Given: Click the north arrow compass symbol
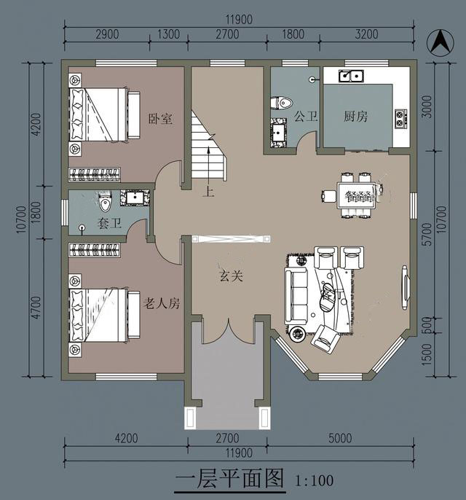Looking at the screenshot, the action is pos(441,42).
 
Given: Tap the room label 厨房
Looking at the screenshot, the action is pos(355,116).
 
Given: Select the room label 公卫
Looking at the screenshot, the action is pos(306,116).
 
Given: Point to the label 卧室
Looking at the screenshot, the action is pos(160,119).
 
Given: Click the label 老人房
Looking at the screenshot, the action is pos(162,303).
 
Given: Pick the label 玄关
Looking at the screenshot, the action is pos(232,276).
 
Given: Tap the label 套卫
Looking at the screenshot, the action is pos(109,223).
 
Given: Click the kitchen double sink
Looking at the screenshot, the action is pos(352,76).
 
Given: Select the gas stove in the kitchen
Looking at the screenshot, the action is pos(401,119).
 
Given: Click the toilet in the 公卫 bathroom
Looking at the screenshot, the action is pos(282,103).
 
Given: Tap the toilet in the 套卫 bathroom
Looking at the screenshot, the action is pos(106,201).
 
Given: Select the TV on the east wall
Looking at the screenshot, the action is pos(406,287).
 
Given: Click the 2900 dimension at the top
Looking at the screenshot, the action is pos(107,34).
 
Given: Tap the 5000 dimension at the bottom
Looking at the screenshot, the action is pos(340,438).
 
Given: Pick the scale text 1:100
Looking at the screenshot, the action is pos(315,480).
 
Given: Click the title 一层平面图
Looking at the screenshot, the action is pos(229,479).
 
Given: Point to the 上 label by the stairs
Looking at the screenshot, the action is pos(209,192).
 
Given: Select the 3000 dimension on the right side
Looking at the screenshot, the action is pos(427,107).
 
